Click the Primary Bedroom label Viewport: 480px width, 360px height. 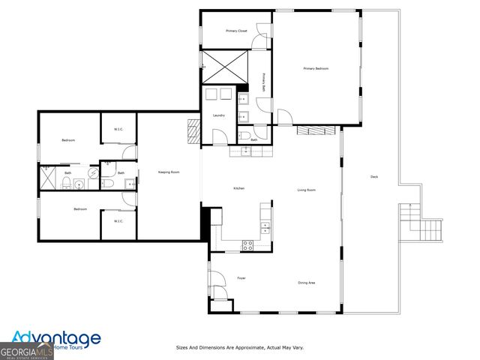pyautogui.click(x=316, y=69)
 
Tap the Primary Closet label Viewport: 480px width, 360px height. pyautogui.click(x=236, y=31)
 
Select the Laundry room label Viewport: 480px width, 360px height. pyautogui.click(x=219, y=115)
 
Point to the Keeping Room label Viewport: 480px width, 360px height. pyautogui.click(x=168, y=172)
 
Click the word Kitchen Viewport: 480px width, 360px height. pyautogui.click(x=238, y=188)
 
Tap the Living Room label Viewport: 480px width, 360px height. pyautogui.click(x=306, y=190)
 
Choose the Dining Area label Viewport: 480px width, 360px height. pyautogui.click(x=306, y=283)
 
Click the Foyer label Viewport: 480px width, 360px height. pyautogui.click(x=241, y=278)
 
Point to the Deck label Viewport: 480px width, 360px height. pyautogui.click(x=373, y=177)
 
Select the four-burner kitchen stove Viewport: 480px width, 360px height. pyautogui.click(x=247, y=244)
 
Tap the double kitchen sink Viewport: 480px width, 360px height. pyautogui.click(x=264, y=226)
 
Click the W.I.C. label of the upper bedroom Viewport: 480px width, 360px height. pyautogui.click(x=118, y=129)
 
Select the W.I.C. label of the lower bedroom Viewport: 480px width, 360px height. pyautogui.click(x=118, y=221)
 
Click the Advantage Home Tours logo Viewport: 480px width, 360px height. pyautogui.click(x=56, y=340)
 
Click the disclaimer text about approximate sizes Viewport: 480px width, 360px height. pyautogui.click(x=239, y=348)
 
